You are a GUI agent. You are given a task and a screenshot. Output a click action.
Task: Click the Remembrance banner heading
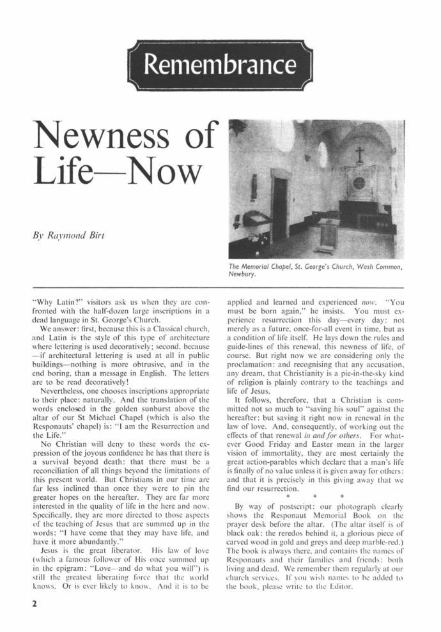(220, 64)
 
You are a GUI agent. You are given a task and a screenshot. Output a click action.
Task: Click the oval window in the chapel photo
(322, 154)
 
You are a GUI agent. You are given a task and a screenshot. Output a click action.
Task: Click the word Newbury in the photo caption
(244, 276)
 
